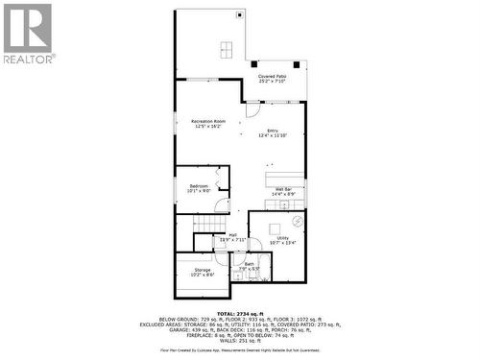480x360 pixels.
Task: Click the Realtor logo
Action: pos(28,34)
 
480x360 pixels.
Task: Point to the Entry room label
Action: pos(273,133)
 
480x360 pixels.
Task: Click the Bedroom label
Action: pos(199,187)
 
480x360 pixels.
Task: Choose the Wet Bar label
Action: pos(283,191)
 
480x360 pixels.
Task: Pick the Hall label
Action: pos(232,236)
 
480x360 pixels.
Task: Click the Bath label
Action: pos(250,265)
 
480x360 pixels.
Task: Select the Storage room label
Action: pos(203,273)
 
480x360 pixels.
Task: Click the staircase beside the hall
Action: pos(206,224)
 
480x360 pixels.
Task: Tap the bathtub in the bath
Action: pos(252,273)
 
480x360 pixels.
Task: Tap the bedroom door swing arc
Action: pos(221,203)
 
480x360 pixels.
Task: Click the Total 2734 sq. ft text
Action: pos(239,314)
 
